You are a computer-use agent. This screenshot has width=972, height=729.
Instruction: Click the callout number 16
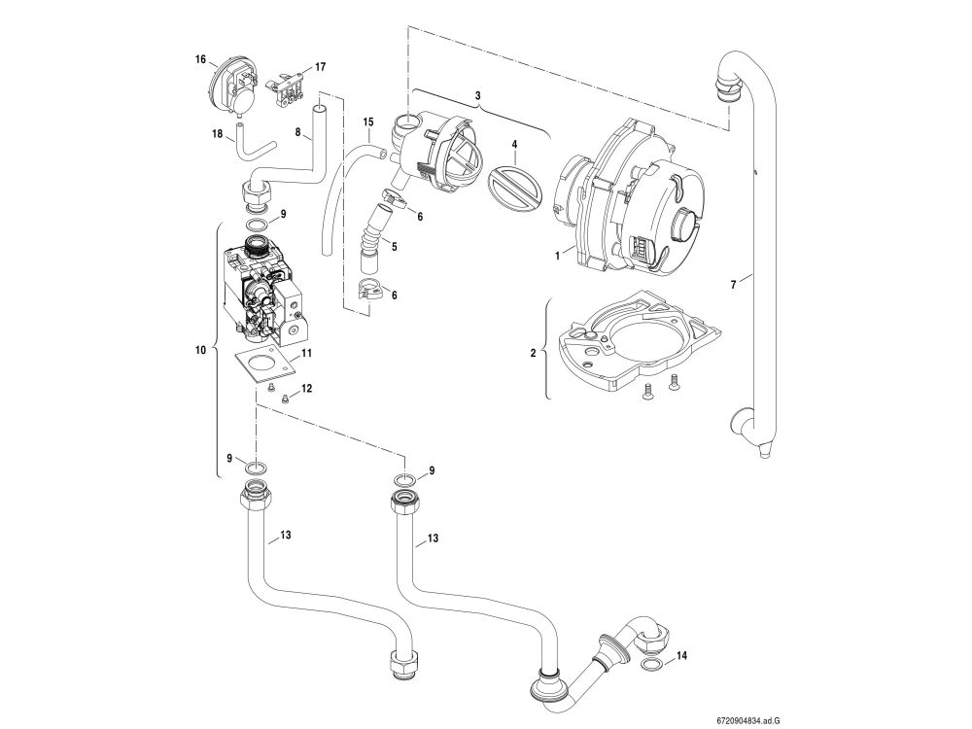pyautogui.click(x=200, y=59)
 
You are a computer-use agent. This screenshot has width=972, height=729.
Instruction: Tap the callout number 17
pyautogui.click(x=320, y=67)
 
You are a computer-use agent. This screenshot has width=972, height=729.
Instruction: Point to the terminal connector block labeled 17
pyautogui.click(x=289, y=87)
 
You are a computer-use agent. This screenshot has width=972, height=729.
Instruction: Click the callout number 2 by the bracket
pyautogui.click(x=532, y=354)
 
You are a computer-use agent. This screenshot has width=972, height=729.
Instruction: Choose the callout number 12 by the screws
pyautogui.click(x=306, y=388)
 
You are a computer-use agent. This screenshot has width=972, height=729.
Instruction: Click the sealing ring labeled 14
pyautogui.click(x=654, y=664)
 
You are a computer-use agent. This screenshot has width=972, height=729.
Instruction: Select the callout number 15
pyautogui.click(x=368, y=122)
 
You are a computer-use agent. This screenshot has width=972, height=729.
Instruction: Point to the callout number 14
pyautogui.click(x=681, y=657)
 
